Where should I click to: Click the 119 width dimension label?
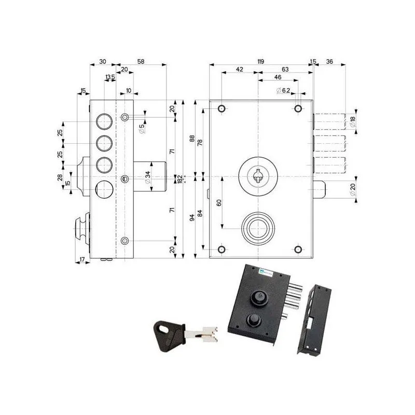260,61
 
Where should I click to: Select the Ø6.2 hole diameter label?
283,91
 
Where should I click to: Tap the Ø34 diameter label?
148,177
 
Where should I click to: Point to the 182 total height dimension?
179,178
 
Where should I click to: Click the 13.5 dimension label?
110,77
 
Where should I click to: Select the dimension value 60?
219,202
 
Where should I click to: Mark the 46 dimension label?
278,77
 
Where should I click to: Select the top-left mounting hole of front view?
222,108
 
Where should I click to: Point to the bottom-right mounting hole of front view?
298,250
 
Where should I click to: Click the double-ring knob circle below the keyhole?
258,227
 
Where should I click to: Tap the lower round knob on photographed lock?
255,319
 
